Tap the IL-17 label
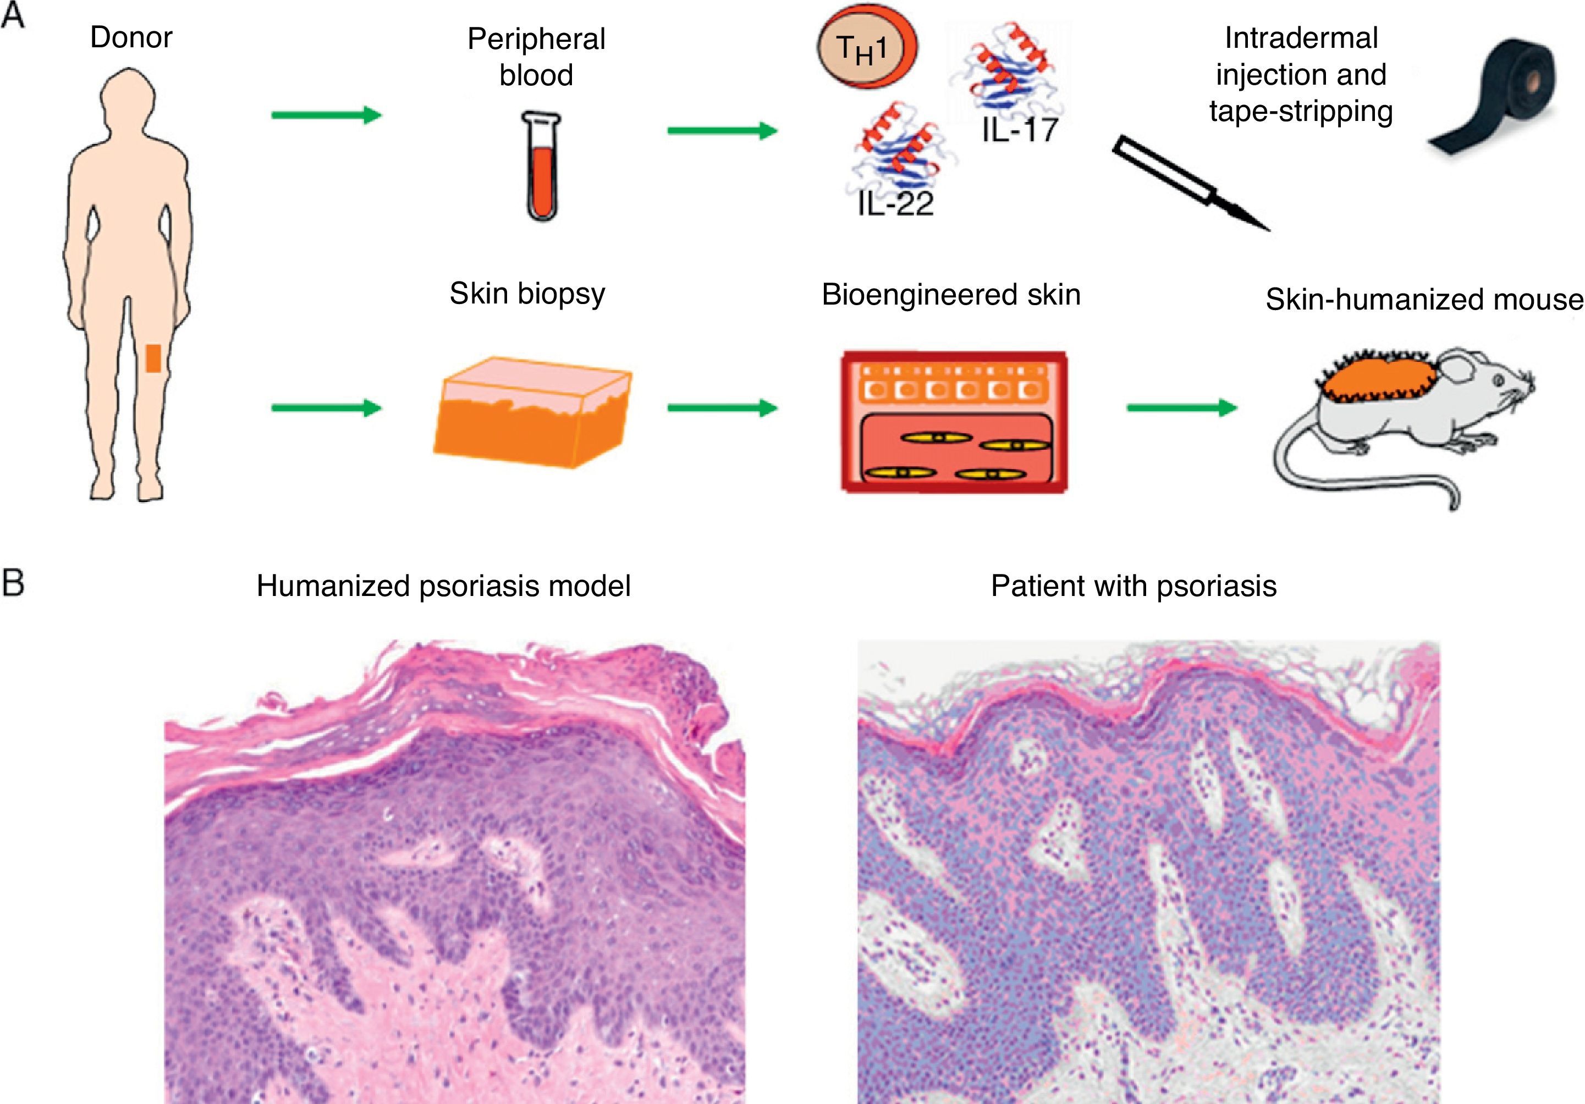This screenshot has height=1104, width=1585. click(1019, 130)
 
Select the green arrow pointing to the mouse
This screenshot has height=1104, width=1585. click(1181, 408)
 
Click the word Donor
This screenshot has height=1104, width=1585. click(131, 37)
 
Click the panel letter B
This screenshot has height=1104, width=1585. click(13, 583)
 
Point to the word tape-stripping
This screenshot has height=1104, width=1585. click(1301, 112)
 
